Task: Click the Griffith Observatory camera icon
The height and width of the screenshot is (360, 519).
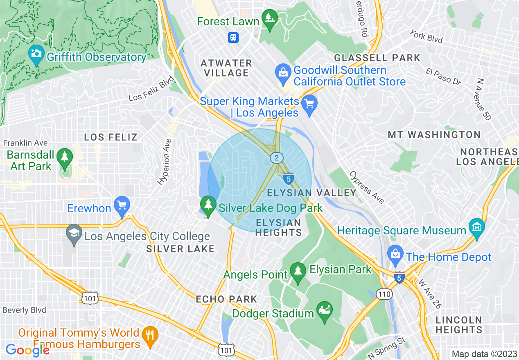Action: [36, 54]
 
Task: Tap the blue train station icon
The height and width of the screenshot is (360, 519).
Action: [233, 38]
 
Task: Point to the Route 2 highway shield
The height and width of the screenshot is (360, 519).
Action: [277, 158]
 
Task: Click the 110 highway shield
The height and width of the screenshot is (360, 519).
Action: [385, 294]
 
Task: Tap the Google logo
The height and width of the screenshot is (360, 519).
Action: [27, 350]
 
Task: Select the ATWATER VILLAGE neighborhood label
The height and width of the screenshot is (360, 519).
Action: [226, 68]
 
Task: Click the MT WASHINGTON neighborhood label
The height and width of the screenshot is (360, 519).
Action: [434, 135]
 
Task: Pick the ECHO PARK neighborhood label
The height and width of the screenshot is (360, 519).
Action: [226, 299]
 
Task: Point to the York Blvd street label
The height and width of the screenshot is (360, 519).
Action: [426, 36]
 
